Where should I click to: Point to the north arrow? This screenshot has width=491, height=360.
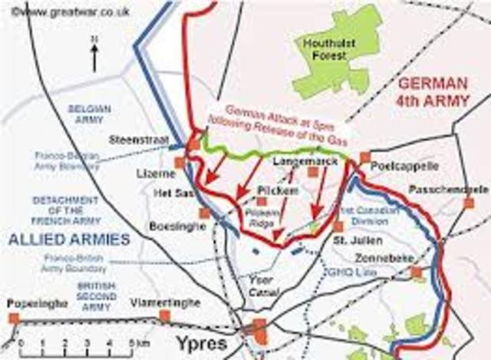94,54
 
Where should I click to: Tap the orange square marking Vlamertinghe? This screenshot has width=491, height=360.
164,315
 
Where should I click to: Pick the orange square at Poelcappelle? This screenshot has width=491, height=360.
364,157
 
